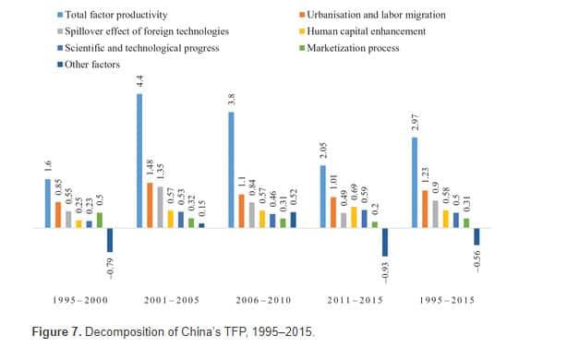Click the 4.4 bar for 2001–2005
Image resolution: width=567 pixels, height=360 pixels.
click(139, 161)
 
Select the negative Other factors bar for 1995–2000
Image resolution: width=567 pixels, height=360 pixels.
click(110, 240)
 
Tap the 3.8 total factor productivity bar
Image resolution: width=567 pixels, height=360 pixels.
click(232, 170)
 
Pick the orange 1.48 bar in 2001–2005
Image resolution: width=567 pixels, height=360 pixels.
click(150, 205)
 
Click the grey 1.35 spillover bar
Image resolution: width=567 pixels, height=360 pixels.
click(160, 207)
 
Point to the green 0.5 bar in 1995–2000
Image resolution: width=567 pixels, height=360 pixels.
click(100, 220)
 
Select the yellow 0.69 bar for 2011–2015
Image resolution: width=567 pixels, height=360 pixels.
click(354, 217)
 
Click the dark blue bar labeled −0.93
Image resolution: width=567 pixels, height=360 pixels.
click(385, 242)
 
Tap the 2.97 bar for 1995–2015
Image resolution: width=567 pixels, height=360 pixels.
click(415, 183)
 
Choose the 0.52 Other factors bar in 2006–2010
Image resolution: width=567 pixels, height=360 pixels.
click(294, 220)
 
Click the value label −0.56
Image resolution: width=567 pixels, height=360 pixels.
click(477, 261)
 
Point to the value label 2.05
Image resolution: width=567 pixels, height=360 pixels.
click(323, 150)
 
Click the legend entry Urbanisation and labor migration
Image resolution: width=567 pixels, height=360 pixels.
click(372, 15)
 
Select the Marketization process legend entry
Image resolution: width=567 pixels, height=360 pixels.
click(349, 48)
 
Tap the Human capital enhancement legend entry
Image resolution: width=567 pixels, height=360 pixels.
click(362, 31)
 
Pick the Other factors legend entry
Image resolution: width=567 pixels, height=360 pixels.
click(89, 65)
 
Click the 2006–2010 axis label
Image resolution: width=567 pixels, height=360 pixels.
click(263, 300)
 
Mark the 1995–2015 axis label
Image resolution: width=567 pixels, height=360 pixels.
click(447, 300)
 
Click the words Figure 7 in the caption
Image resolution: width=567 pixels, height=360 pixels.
click(56, 331)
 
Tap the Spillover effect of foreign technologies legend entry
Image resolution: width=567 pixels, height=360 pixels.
click(143, 31)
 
